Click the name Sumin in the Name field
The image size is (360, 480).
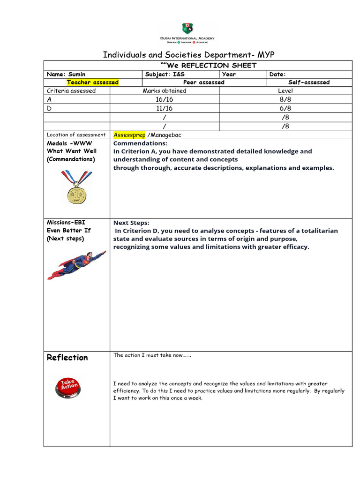[x=78, y=74]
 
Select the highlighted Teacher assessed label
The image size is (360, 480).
[x=92, y=82]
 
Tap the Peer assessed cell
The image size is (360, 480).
[x=203, y=82]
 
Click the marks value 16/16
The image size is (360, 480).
[x=164, y=99]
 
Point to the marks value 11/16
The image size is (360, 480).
[x=164, y=108]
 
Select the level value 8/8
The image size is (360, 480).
[x=285, y=99]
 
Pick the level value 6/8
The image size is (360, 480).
[x=285, y=108]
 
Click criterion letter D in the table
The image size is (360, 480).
[x=49, y=108]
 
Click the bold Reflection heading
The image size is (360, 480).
[x=67, y=358]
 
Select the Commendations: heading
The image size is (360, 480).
[x=140, y=143]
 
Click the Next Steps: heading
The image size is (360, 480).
[x=131, y=223]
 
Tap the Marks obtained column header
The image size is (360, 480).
[x=164, y=91]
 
